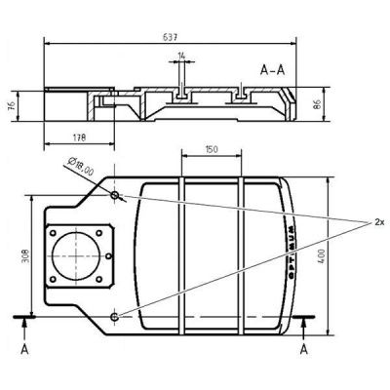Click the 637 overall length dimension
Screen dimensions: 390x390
tap(170, 37)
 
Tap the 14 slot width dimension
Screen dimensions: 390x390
tap(181, 56)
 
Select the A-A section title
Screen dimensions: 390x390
tap(272, 70)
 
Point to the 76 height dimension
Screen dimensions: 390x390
tap(11, 105)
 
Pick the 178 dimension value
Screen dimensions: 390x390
tap(79, 137)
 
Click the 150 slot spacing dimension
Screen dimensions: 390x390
tap(212, 149)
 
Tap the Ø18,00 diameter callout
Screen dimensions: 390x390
tap(81, 167)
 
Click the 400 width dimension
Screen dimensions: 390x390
tap(322, 256)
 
